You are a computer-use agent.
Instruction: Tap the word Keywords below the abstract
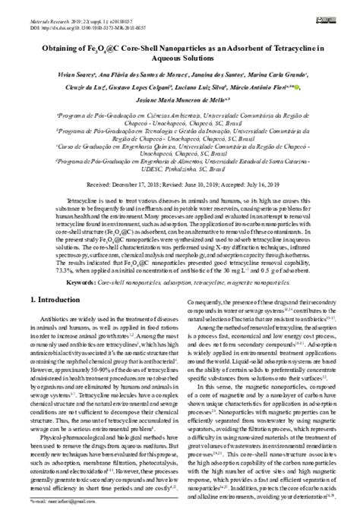coord(80,260)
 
